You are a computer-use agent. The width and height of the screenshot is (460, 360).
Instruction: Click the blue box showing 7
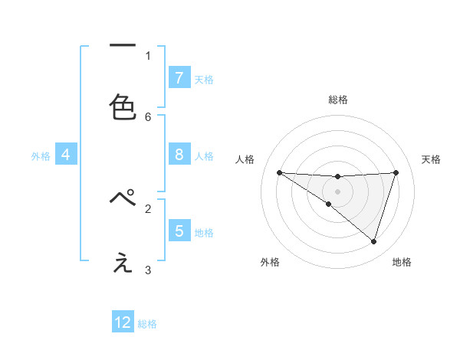179,77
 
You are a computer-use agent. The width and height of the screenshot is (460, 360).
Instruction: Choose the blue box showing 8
179,155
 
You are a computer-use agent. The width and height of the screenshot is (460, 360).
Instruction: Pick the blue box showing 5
179,231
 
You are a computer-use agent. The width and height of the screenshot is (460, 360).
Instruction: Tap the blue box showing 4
65,155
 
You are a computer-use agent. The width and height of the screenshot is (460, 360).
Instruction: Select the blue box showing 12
123,322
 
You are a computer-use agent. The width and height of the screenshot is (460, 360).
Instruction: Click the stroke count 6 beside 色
148,116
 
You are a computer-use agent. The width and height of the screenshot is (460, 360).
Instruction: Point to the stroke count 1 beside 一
148,55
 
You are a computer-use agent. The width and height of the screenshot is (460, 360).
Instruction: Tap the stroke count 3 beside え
148,270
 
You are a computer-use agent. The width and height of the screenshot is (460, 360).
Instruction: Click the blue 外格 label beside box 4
41,156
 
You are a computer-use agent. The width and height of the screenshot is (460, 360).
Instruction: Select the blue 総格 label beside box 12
147,324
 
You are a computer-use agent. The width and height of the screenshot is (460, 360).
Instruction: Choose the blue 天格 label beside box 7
204,79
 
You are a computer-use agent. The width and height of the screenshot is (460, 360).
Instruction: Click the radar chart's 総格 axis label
337,100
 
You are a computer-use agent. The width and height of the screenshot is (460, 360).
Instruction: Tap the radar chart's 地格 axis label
402,262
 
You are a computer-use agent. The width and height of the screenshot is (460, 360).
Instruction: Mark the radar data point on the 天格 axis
396,172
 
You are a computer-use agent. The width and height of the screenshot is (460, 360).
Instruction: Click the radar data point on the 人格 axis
279,172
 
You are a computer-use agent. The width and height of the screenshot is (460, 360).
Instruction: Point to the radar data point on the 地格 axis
373,241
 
